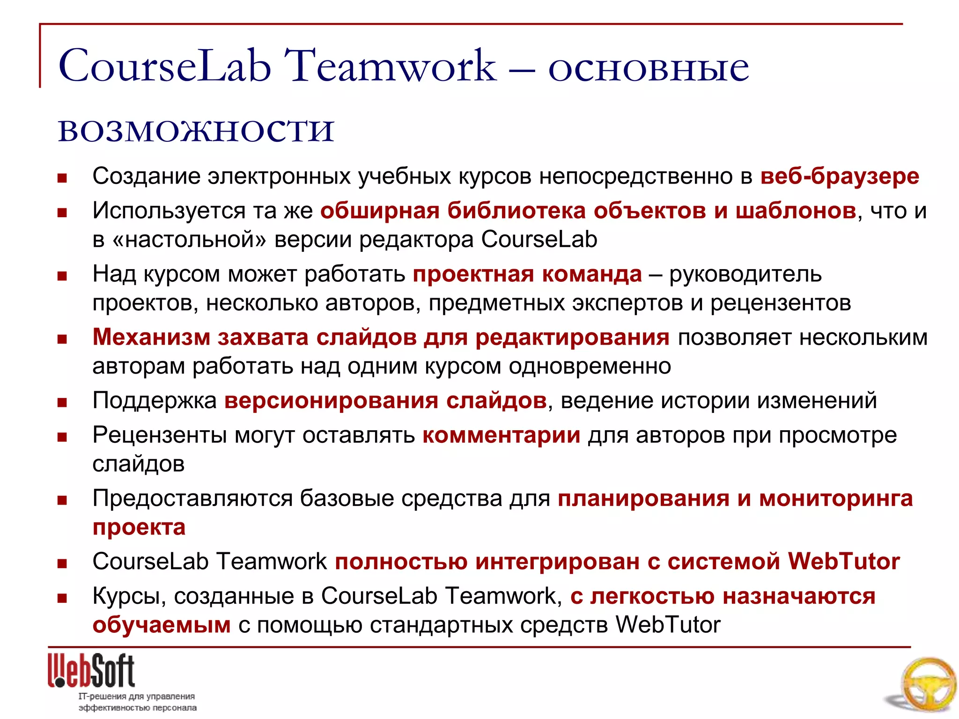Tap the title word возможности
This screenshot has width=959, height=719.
tap(196, 130)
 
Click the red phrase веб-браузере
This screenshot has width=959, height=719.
tap(840, 176)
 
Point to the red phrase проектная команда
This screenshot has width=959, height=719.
tap(527, 274)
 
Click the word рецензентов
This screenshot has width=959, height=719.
tap(781, 303)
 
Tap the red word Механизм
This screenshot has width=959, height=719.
tap(151, 337)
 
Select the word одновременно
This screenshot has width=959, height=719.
tap(590, 366)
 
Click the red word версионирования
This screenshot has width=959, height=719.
tap(331, 401)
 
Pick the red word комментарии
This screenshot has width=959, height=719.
tap(501, 435)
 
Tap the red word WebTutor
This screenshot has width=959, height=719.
tap(843, 561)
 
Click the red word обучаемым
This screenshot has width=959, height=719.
tap(162, 625)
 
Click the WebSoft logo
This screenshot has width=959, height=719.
tap(91, 671)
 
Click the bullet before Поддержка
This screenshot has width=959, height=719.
tap(62, 402)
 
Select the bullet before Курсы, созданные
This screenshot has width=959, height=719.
tap(62, 598)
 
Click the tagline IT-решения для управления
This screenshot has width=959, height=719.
tap(136, 696)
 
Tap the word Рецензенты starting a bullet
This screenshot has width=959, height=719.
tap(159, 435)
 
